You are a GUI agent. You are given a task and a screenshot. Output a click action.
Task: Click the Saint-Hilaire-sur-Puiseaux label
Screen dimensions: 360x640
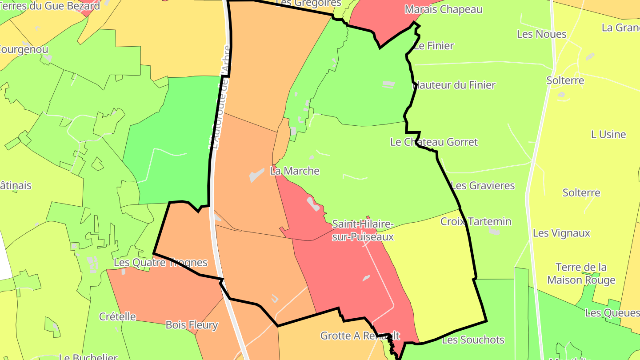coord(363,230)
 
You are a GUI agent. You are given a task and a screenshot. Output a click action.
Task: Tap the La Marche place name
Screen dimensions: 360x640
coord(295,171)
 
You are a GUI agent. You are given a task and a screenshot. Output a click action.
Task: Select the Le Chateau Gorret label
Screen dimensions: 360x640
coord(434,142)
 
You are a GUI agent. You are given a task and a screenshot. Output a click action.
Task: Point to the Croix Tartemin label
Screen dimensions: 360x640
coord(476,221)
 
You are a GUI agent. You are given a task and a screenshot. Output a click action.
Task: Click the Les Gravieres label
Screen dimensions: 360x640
coord(483,185)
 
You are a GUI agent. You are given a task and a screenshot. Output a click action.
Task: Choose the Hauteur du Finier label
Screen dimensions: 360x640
coord(454,85)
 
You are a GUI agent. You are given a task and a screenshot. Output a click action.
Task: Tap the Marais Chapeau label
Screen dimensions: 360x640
coord(443,9)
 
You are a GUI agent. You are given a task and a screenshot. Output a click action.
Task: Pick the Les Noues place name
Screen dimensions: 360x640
coord(542,34)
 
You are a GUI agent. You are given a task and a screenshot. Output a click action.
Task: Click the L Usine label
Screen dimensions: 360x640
coord(608,134)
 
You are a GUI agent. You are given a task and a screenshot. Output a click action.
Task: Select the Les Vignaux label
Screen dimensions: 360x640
coord(561,233)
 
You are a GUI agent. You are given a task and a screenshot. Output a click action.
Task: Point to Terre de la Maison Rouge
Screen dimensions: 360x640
coord(581,273)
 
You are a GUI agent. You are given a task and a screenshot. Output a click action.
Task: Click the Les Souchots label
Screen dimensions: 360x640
coord(473,340)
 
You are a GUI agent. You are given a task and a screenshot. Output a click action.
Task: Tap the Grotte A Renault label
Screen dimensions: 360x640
coord(360,336)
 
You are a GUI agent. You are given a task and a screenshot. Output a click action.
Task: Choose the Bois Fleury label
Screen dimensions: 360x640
coord(192,325)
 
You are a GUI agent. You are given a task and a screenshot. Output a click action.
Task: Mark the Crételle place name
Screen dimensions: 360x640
coord(117,316)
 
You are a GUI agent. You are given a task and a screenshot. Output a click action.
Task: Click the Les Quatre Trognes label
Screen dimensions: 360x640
coord(160,262)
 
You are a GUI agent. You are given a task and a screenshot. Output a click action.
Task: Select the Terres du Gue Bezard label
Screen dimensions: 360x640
coord(50,6)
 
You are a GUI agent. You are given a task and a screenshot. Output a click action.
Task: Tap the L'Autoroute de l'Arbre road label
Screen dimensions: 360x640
coord(221,98)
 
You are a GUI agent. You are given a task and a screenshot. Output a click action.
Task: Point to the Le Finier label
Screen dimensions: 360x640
coord(434,45)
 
